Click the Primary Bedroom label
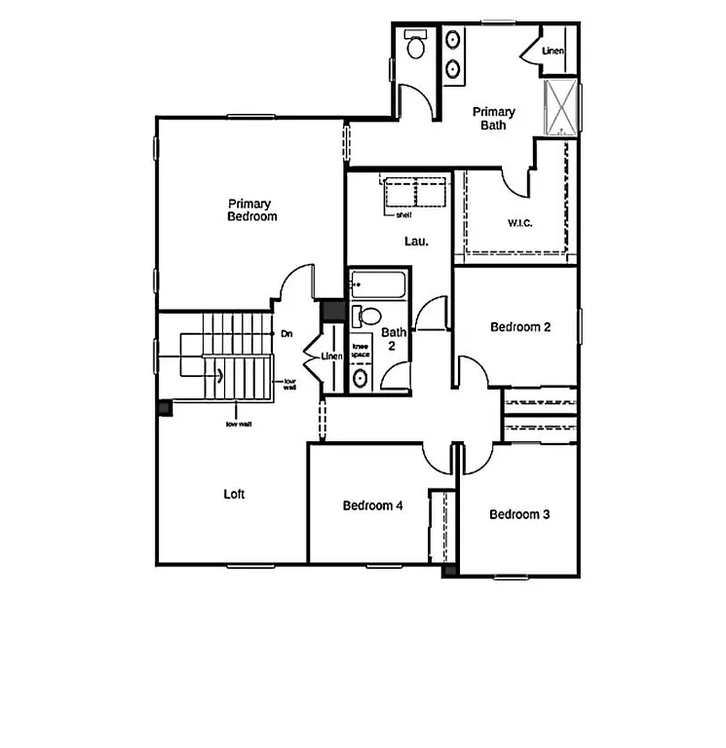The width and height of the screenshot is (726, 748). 251,210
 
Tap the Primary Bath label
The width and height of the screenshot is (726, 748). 493,118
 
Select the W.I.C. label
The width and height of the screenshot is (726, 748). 520,222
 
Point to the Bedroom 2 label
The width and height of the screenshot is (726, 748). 520,327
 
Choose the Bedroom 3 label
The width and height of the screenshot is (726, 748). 519,514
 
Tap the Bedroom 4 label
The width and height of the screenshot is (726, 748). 373,505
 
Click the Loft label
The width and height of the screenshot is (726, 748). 234,494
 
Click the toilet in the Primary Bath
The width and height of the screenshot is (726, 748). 416,46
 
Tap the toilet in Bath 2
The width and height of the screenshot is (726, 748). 368,316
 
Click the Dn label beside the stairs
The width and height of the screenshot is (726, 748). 287,334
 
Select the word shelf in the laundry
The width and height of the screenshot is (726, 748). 403,214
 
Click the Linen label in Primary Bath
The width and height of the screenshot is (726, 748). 553,50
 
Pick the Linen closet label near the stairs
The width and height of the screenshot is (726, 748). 331,356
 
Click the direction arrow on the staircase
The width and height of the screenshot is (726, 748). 220,373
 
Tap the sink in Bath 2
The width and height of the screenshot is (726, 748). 361,378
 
